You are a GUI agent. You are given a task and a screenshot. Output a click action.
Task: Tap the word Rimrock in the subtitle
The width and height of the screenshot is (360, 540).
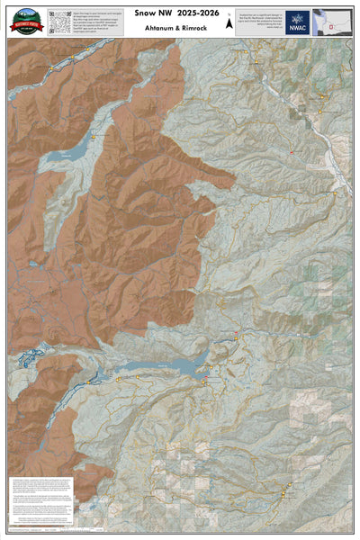203,28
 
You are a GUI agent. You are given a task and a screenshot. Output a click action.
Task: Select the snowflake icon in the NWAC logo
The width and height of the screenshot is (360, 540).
298,17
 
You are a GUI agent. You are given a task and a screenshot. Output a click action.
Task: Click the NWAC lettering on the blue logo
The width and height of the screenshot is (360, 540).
298,28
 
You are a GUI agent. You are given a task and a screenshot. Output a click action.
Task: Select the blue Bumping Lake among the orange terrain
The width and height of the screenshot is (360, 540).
63,155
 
